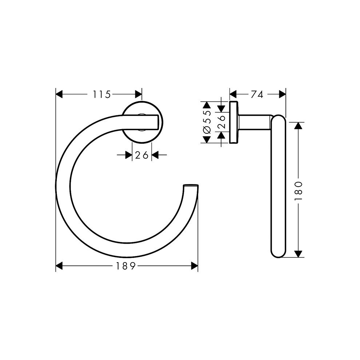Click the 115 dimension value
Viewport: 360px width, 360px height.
[102, 94]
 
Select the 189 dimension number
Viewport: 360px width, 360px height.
[125, 266]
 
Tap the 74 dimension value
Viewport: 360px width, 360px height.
[257, 94]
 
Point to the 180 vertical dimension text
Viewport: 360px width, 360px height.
[298, 190]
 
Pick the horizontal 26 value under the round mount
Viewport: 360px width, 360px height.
[142, 155]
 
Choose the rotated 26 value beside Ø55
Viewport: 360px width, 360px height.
[221, 122]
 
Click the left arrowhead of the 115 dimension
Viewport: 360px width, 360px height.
[59, 94]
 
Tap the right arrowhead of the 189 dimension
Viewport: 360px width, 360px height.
[195, 266]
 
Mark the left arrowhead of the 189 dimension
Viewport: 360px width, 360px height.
[59, 266]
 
